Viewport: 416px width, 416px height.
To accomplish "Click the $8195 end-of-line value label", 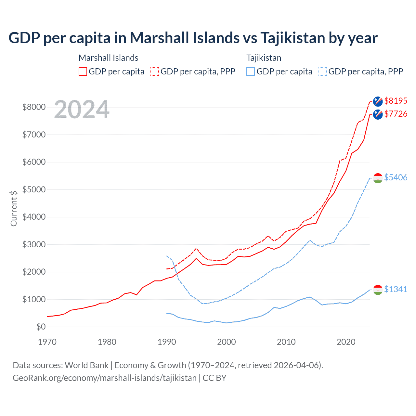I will tap(396, 101).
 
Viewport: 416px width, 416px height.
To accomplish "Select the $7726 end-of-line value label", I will tap(396, 114).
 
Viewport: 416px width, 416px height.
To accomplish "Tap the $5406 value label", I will tap(396, 177).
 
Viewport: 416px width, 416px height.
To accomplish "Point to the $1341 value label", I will tap(396, 289).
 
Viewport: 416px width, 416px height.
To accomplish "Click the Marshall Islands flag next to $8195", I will tap(378, 101).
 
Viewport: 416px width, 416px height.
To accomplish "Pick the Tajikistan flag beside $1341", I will tap(378, 290).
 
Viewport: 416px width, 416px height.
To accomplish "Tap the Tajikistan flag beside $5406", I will tap(378, 178).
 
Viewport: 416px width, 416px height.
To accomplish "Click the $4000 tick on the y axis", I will tap(34, 217).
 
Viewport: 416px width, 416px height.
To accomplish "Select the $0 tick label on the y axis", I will tap(41, 327).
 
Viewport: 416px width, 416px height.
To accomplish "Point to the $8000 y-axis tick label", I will tap(34, 107).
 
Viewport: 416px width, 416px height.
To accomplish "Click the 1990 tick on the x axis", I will tap(167, 342).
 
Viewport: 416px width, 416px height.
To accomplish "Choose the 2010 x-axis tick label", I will tap(286, 342).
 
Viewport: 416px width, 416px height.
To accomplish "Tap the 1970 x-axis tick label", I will tap(47, 342).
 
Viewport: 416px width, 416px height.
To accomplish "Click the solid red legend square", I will tap(83, 71).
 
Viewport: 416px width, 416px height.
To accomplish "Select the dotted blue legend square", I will tap(323, 71).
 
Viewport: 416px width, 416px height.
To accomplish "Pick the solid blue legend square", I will tap(251, 71).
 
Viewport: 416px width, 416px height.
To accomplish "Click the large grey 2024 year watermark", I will tap(82, 110).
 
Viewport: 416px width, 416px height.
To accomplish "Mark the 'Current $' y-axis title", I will tap(14, 208).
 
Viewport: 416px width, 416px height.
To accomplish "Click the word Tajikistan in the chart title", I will tap(292, 38).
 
